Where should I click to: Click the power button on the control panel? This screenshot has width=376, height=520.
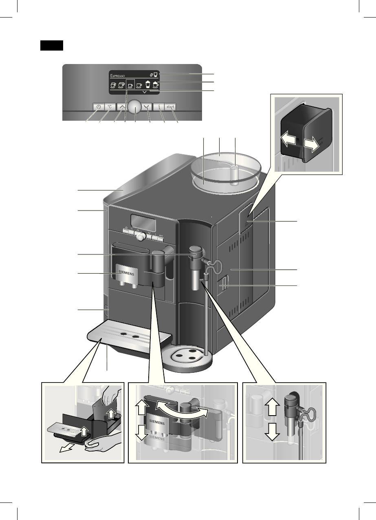(98, 107)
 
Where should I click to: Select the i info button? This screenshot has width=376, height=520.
(158, 107)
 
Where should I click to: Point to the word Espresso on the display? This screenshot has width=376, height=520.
(117, 75)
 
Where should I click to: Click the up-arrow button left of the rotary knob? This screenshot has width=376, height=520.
(122, 107)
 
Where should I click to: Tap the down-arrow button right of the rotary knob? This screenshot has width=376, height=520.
(147, 107)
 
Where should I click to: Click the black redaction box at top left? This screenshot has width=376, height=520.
(51, 45)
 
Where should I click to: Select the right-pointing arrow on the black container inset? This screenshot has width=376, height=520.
(314, 144)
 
